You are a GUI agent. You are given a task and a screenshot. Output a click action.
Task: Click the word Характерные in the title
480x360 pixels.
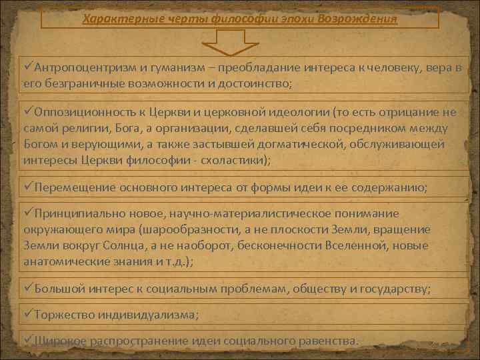point(113,18)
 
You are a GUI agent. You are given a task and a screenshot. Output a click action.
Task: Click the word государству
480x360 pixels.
point(396,289)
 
